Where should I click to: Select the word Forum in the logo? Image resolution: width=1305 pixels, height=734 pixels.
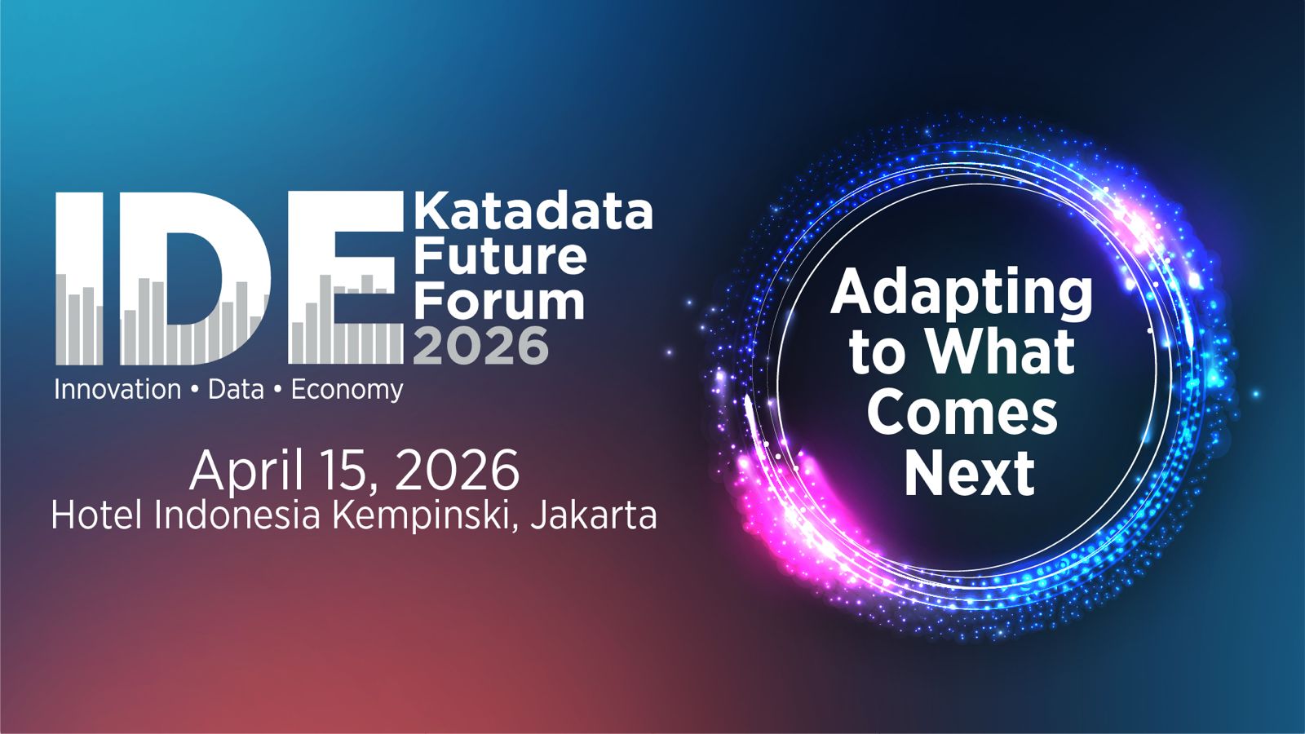pos(499,302)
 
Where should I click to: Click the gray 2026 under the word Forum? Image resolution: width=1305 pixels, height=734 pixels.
pos(481,346)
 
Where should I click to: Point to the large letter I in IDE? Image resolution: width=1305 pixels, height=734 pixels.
pos(79,278)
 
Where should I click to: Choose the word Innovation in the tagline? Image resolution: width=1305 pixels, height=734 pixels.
pos(117,389)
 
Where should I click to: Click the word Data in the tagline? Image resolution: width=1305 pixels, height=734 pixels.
pos(236,389)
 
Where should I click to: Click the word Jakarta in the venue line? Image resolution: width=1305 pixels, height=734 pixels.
pos(594,515)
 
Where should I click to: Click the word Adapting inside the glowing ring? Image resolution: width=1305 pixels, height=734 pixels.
pos(962,294)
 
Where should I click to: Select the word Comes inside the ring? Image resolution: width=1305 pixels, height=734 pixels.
pos(962,413)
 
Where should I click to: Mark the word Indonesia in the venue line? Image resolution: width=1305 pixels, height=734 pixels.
pos(237,515)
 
